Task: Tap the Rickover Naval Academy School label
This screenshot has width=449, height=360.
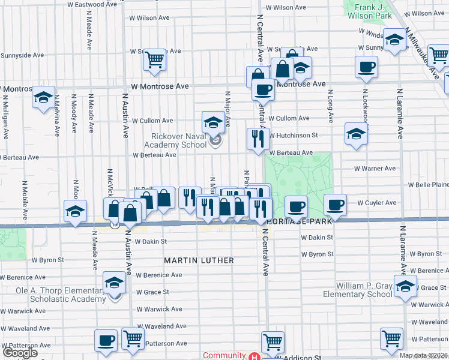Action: (178, 140)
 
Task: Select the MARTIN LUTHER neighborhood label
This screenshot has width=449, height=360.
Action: (199, 260)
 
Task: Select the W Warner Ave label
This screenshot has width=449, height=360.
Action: (375, 169)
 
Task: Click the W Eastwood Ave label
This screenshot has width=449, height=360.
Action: (92, 4)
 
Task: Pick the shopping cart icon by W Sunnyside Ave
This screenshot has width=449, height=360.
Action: (155, 59)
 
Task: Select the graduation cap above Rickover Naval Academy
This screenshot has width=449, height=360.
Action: (212, 123)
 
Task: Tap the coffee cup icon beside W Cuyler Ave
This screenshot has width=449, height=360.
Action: (336, 205)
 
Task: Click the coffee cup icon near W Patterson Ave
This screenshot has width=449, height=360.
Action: (106, 340)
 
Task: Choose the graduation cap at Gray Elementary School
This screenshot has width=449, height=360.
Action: (406, 287)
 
